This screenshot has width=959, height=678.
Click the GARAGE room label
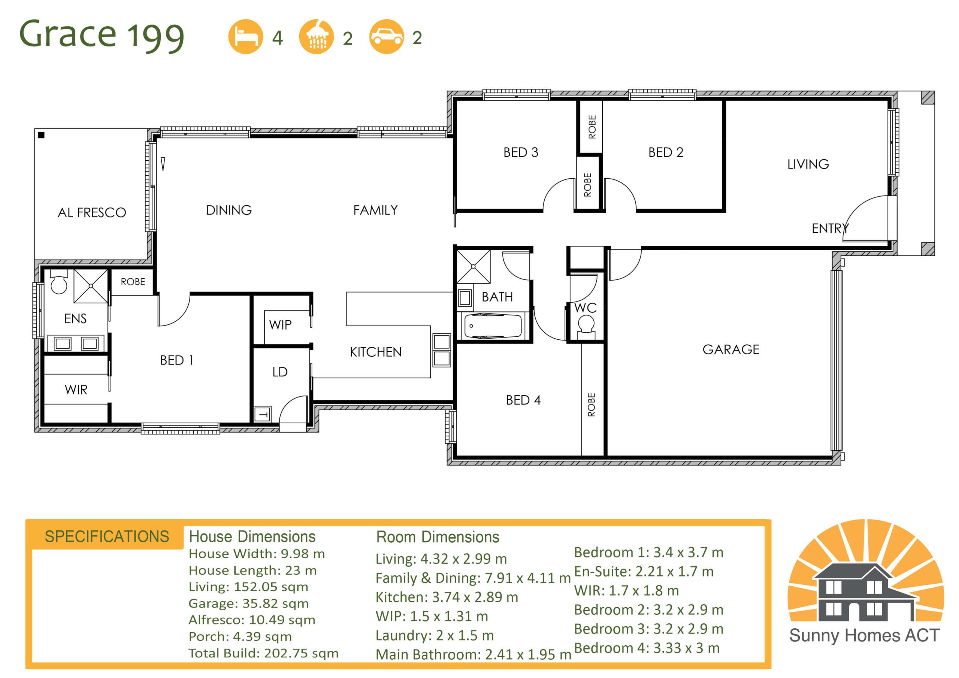[x=730, y=349]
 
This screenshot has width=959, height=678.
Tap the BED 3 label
[x=520, y=152]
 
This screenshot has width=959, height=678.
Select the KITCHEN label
[x=375, y=352]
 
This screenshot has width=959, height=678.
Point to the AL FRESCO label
[x=91, y=213]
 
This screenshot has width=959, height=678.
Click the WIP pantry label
[x=280, y=325]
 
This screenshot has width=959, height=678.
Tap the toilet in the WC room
[x=586, y=327]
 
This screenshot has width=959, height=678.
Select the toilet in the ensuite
[x=58, y=281]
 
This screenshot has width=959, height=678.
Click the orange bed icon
[x=246, y=37]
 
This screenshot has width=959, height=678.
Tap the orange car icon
[x=386, y=37]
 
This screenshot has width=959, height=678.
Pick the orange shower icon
[x=316, y=37]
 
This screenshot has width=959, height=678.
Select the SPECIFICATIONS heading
[x=107, y=536]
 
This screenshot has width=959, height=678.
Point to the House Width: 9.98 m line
[x=257, y=554]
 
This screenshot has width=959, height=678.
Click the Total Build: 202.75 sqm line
[x=263, y=653]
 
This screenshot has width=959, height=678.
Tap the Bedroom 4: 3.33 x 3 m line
[x=647, y=648]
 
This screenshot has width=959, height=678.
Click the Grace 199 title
[x=102, y=35]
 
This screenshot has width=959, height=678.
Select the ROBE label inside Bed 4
[x=591, y=405]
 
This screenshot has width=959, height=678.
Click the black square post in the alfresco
[x=41, y=135]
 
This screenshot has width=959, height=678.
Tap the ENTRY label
[x=830, y=228]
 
